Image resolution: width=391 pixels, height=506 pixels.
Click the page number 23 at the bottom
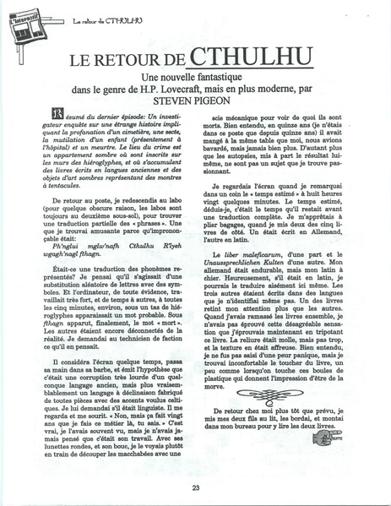pyautogui.click(x=196, y=487)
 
